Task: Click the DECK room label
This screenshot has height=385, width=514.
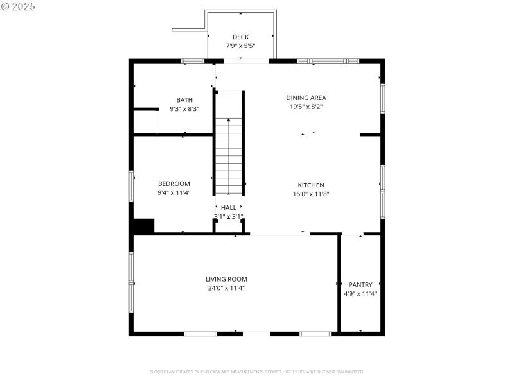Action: [x=241, y=37]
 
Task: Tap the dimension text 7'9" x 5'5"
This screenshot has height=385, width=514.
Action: [x=241, y=46]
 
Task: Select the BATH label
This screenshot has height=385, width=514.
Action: [x=184, y=99]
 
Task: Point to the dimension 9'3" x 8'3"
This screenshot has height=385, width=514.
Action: [x=184, y=109]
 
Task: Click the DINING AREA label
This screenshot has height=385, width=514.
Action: [x=306, y=98]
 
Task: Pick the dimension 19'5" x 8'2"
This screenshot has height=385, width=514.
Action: [x=306, y=107]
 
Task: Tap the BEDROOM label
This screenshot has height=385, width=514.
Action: [x=173, y=184]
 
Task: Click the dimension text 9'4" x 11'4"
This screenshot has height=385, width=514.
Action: [x=173, y=193]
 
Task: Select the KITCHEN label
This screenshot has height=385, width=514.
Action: [x=311, y=185]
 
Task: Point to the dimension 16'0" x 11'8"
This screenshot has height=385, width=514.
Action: [x=311, y=194]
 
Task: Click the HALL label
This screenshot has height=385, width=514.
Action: [x=229, y=208]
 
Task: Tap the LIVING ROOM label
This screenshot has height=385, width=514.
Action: [x=226, y=279]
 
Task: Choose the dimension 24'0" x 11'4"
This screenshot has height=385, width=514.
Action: [x=226, y=288]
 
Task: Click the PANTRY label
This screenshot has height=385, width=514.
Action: [x=360, y=284]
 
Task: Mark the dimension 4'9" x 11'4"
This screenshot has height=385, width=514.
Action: [x=360, y=294]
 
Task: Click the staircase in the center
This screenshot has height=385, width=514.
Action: [x=229, y=157]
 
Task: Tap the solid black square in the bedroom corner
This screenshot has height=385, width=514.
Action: [x=143, y=226]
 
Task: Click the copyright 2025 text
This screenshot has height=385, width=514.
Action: [x=19, y=6]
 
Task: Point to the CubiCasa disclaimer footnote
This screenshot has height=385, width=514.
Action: [x=257, y=372]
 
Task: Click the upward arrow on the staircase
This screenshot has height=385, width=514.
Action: [x=229, y=122]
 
